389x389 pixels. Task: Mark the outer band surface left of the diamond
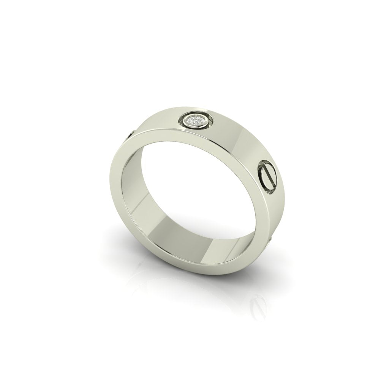pos(160,122)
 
